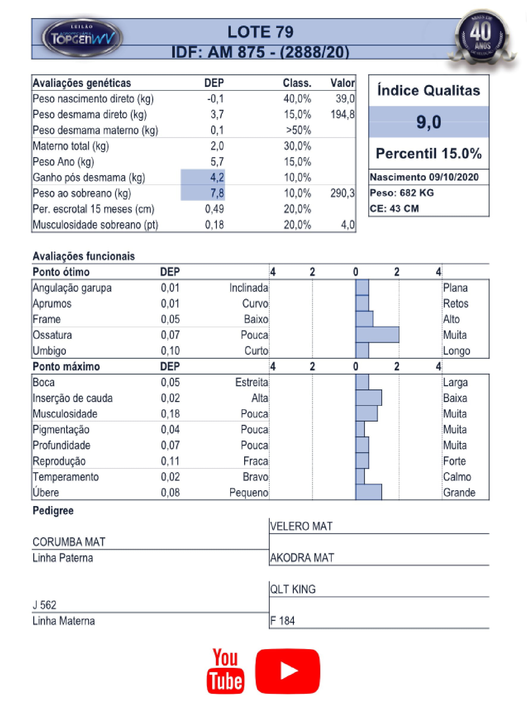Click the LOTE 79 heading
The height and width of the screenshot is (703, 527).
(260, 32)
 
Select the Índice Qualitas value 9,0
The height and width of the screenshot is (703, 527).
(429, 122)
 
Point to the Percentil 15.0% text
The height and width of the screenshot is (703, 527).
(429, 154)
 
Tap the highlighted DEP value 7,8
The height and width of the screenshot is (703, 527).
(217, 193)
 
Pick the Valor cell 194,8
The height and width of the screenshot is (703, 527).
(342, 115)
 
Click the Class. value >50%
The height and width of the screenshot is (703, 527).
(298, 130)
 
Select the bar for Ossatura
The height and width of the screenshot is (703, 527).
(377, 335)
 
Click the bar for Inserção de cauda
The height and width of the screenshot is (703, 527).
(368, 398)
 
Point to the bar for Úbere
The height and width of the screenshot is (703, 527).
(368, 492)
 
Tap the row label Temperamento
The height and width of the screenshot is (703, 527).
(66, 477)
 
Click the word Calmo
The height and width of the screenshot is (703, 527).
(457, 477)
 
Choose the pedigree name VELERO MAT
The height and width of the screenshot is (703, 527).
(301, 526)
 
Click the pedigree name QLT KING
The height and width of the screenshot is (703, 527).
(293, 589)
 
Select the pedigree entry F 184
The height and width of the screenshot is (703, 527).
(283, 621)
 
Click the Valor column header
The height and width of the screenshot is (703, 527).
(342, 83)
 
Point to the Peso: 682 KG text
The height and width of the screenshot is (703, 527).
(401, 193)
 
